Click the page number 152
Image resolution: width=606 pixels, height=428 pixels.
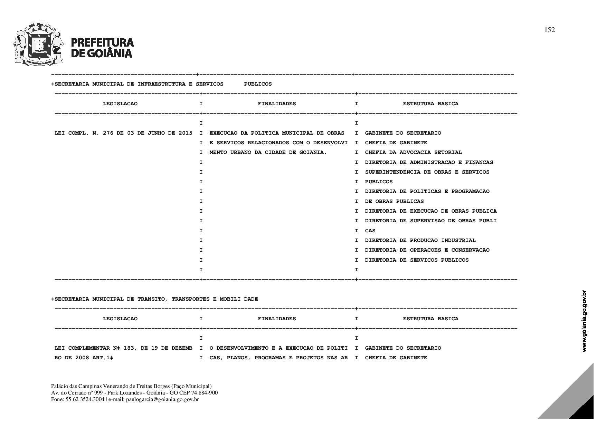pos(549,30)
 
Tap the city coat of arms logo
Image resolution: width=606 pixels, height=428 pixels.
pos(38,44)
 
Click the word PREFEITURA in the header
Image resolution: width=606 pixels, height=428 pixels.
pos(102,42)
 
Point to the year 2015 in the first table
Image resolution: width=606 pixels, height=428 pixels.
pos(186,133)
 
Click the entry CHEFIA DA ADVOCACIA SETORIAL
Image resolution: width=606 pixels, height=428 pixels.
pos(413,152)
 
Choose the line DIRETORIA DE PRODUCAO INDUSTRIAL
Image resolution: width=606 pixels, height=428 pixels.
pos(420,240)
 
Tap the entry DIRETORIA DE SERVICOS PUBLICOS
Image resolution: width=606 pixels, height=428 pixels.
pos(417,260)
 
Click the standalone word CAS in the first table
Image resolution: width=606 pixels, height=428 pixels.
pos(370,231)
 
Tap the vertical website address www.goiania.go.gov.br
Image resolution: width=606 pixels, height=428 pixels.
pos(584,321)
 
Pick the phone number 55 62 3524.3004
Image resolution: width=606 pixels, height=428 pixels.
pos(85,399)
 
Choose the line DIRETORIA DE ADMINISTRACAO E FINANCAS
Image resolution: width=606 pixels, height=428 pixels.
pos(429,162)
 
